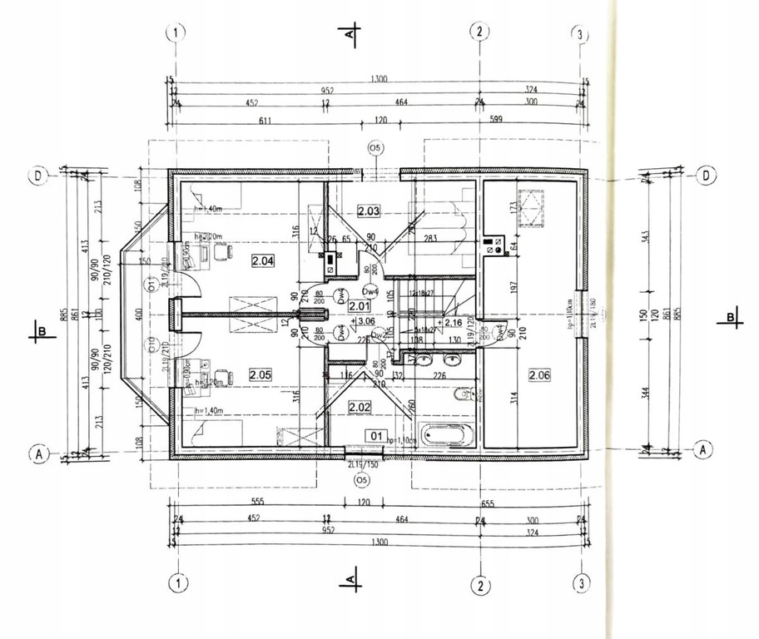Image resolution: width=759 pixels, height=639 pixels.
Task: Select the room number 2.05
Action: [260, 374]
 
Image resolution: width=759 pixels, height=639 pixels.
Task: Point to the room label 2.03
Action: [368, 211]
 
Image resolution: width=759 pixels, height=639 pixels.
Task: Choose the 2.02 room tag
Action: [359, 407]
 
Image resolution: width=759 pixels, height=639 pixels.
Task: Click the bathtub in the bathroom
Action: [448, 434]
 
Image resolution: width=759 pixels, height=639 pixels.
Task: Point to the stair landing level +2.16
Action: [452, 322]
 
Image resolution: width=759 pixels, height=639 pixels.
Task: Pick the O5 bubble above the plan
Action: [375, 149]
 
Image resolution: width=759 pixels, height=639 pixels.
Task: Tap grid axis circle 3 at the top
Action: [580, 33]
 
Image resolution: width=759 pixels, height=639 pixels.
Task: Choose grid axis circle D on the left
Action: [38, 176]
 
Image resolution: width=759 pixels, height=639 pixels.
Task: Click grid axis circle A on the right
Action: [705, 448]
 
